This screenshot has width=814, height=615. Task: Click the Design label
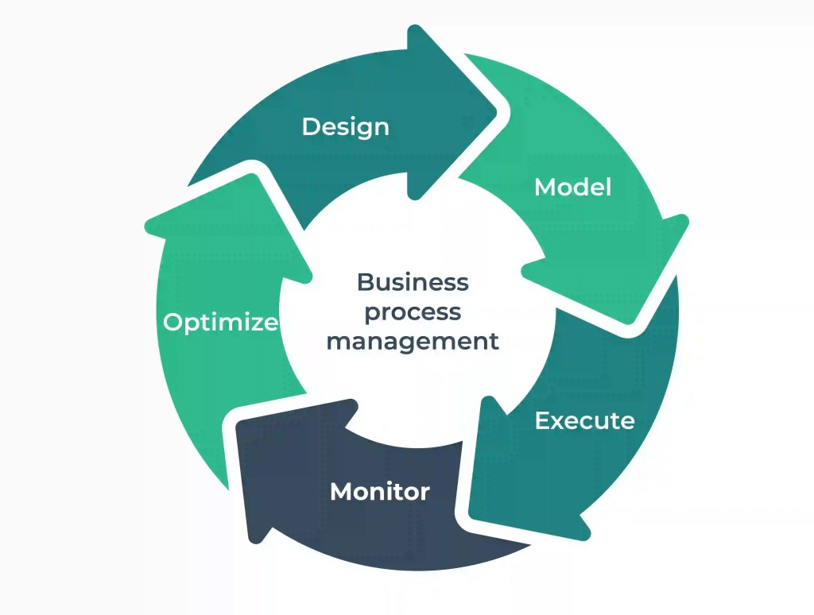(x=346, y=126)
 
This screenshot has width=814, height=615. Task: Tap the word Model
(x=572, y=188)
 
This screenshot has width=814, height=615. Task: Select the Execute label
(x=584, y=420)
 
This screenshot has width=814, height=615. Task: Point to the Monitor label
(x=380, y=491)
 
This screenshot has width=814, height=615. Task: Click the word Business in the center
(x=413, y=282)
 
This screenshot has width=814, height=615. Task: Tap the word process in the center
(x=413, y=311)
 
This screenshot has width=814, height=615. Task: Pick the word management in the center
(x=413, y=342)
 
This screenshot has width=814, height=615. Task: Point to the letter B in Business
(x=365, y=282)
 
